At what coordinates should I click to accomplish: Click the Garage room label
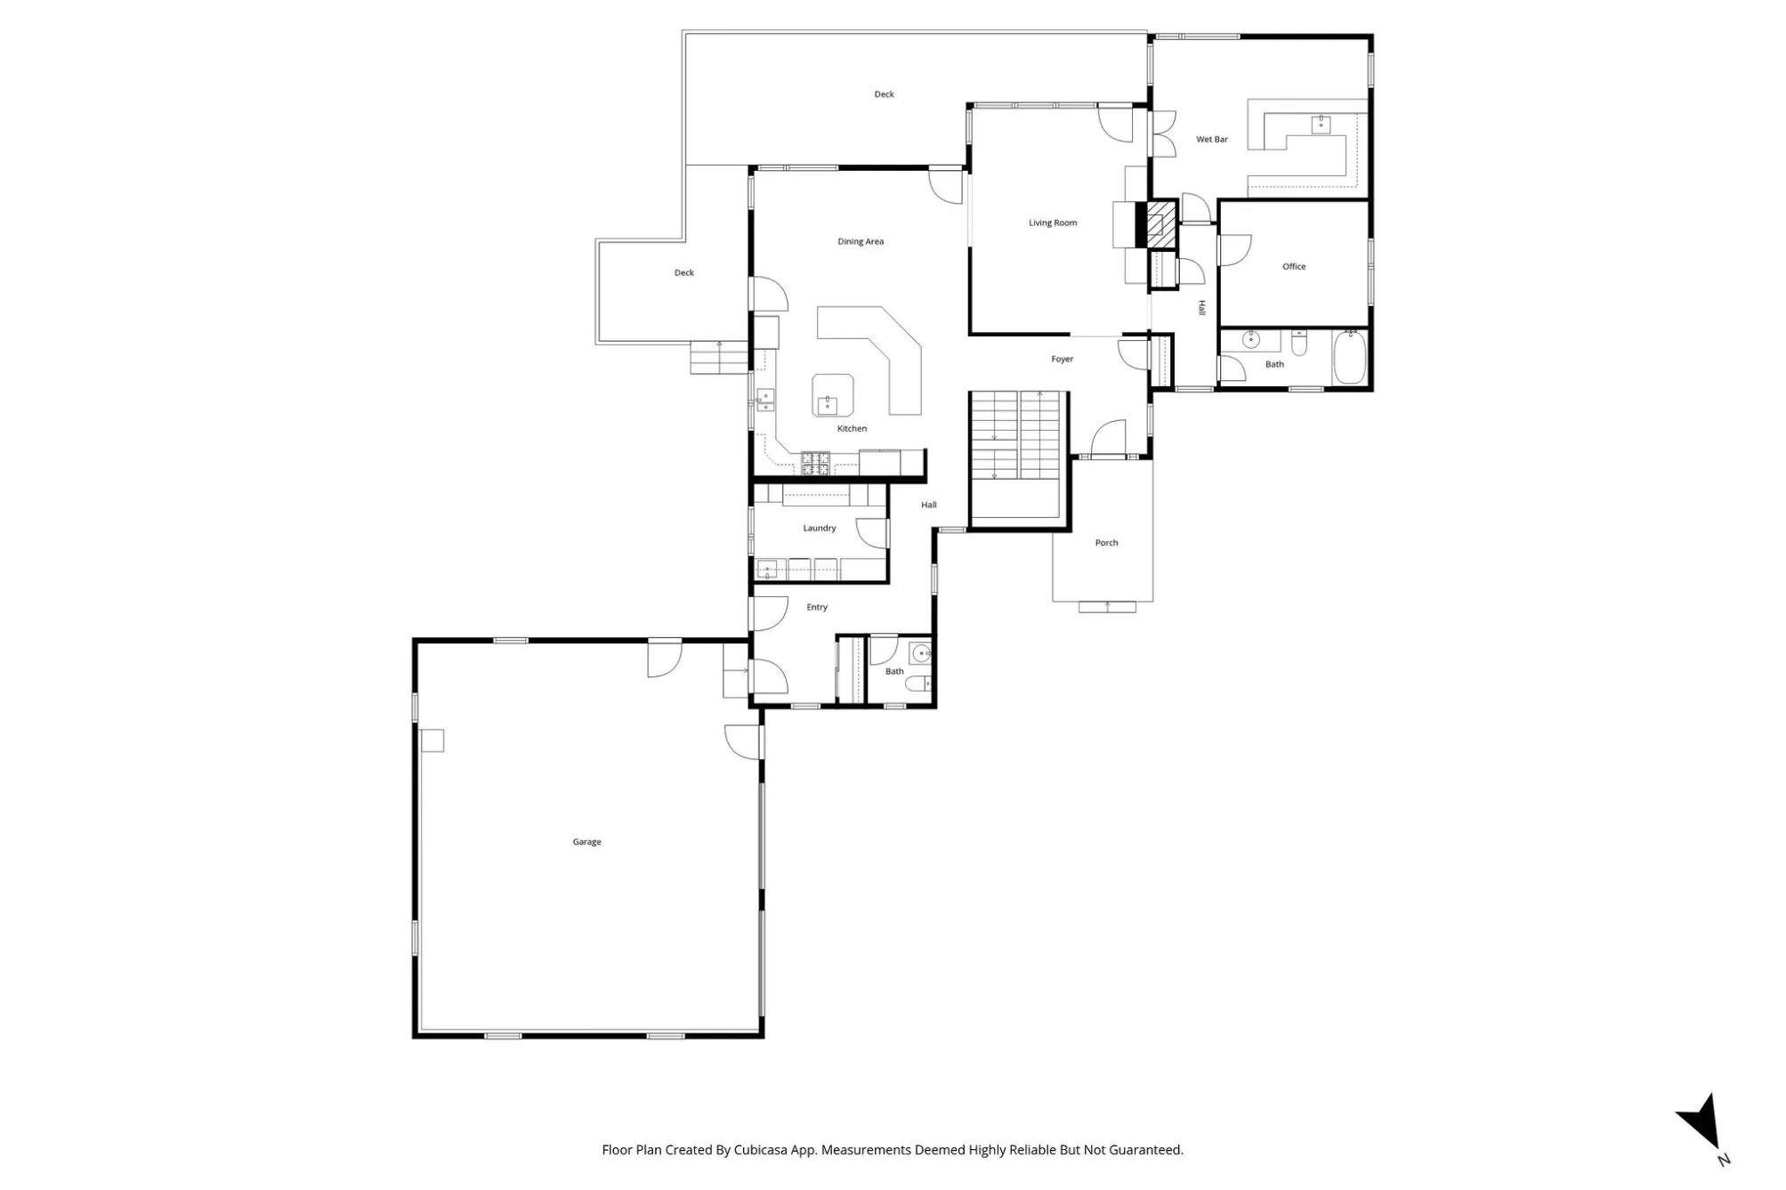click(x=586, y=842)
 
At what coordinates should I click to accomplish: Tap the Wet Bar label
click(x=1211, y=140)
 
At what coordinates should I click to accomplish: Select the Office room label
click(x=1294, y=267)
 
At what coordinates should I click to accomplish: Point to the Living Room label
click(x=1053, y=223)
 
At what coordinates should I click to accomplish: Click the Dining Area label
click(x=861, y=242)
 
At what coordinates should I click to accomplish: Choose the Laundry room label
click(x=820, y=529)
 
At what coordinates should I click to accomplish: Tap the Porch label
click(x=1106, y=543)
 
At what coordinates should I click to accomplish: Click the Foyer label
click(x=1063, y=360)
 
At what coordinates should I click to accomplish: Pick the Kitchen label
click(x=852, y=429)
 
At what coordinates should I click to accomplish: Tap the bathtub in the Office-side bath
click(x=1349, y=357)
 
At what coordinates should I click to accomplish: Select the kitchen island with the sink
click(x=833, y=395)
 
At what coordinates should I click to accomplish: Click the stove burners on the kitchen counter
click(x=815, y=463)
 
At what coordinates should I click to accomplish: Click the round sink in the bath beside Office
click(x=1251, y=339)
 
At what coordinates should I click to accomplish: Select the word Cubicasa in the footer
click(x=762, y=1150)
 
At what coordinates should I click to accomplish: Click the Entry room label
click(x=817, y=608)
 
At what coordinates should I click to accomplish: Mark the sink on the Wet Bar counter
click(x=1321, y=125)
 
